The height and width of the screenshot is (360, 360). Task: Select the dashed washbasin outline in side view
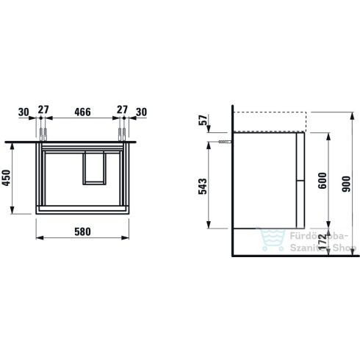(x=269, y=122)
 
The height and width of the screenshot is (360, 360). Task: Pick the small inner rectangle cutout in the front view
(x=94, y=167)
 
